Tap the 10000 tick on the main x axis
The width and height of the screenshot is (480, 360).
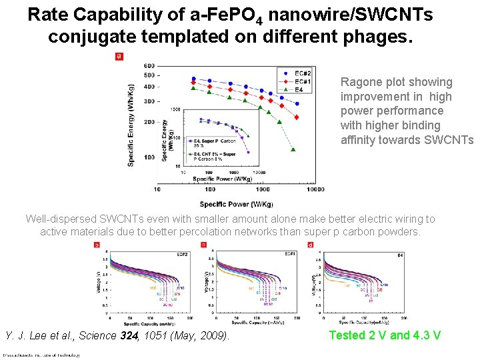[x=316, y=189]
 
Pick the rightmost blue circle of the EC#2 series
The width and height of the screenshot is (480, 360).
[x=297, y=104]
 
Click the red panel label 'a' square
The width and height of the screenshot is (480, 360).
[x=119, y=57]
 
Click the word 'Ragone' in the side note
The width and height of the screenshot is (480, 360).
[x=361, y=83]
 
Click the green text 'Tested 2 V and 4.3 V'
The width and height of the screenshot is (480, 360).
[x=385, y=335]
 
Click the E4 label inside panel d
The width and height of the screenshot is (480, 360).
[x=401, y=255]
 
